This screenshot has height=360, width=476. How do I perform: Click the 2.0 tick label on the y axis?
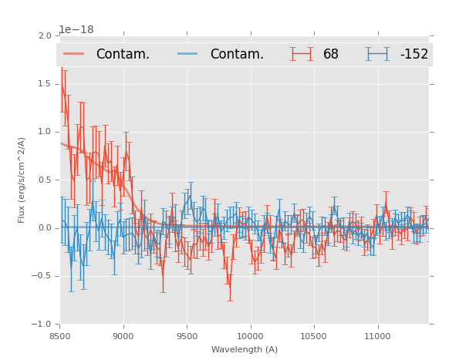45,35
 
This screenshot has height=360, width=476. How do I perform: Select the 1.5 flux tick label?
45,84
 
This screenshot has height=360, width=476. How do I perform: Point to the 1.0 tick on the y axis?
45,132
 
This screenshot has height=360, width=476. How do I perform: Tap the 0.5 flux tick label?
45,180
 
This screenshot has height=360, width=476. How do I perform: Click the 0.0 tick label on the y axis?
45,228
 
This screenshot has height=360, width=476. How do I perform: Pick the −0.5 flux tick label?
42,277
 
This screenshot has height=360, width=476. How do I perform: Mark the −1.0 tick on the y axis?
42,325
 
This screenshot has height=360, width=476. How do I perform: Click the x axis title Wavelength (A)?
245,349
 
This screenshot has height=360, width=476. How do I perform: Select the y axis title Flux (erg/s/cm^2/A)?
22,180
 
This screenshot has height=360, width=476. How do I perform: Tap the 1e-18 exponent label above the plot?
76,30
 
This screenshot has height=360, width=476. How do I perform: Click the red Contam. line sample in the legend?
74,54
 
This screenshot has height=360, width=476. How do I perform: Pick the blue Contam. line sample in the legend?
187,54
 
